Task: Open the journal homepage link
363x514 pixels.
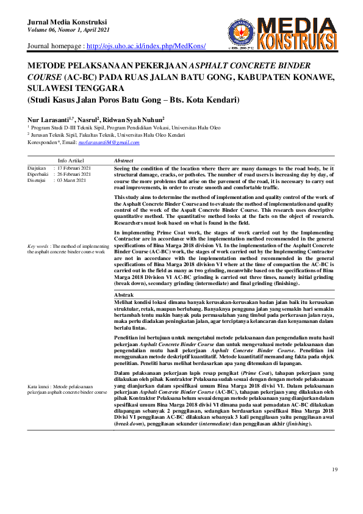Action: (x=146, y=46)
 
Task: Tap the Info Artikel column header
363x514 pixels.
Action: (x=71, y=160)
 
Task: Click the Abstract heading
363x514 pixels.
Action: (x=124, y=160)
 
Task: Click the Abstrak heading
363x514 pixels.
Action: (x=124, y=295)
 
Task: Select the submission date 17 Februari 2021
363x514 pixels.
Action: (x=74, y=168)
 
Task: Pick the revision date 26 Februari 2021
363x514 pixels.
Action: (x=74, y=174)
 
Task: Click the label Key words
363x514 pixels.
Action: (x=39, y=245)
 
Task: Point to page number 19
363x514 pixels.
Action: (x=334, y=469)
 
